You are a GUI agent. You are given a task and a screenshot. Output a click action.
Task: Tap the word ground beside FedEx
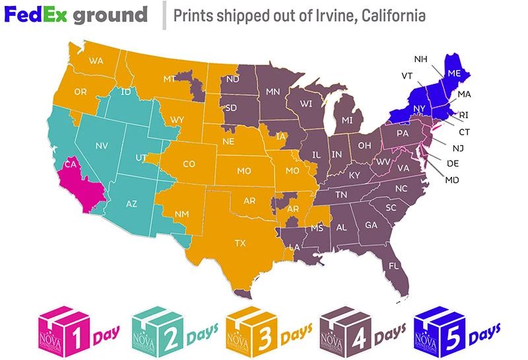(110, 15)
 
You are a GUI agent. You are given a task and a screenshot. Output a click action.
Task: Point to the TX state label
(240, 243)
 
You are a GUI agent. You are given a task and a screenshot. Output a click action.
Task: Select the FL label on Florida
(394, 266)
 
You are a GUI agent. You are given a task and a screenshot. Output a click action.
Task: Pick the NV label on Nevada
(102, 145)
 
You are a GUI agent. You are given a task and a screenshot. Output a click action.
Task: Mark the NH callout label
(421, 59)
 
